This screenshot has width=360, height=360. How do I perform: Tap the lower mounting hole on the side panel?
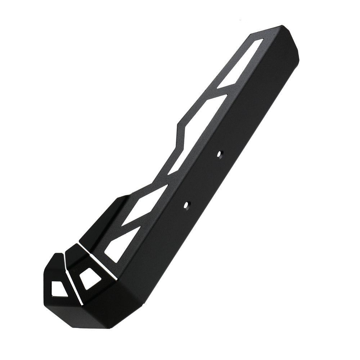186,205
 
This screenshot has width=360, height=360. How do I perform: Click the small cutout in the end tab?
59,288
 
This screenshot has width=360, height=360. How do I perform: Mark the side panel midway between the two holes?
203,179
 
